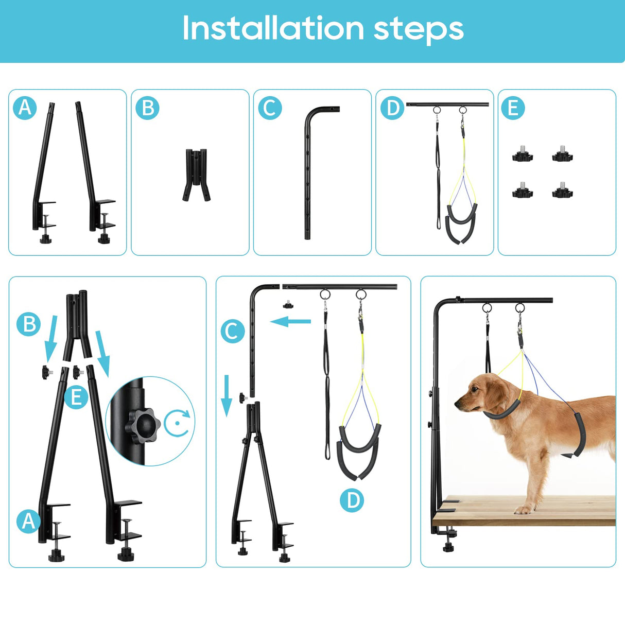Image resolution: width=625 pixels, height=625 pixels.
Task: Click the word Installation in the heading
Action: [x=273, y=28]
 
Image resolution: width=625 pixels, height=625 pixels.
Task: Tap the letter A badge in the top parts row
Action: [x=25, y=108]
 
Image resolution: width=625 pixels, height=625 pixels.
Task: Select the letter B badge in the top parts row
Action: [x=147, y=108]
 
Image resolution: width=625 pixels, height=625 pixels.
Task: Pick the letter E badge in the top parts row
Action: [x=513, y=108]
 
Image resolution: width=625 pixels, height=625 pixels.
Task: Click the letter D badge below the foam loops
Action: [x=352, y=500]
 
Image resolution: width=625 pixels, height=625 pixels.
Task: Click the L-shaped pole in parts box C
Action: [x=309, y=170]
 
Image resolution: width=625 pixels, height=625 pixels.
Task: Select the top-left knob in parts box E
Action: [x=522, y=154]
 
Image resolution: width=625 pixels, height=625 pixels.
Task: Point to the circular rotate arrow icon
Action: [x=178, y=423]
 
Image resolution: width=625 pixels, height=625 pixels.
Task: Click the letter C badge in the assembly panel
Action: [x=232, y=331]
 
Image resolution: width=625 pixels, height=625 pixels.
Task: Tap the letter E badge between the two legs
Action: [x=76, y=397]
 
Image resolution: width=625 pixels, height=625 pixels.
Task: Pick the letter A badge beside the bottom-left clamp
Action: [x=28, y=521]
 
